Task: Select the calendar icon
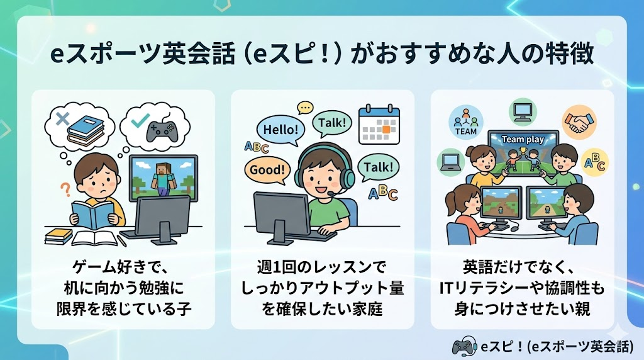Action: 379,125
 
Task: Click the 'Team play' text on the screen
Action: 523,139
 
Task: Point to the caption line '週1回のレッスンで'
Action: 322,269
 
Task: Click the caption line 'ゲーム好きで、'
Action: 123,269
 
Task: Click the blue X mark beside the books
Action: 62,118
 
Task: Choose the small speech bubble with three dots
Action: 306,108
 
